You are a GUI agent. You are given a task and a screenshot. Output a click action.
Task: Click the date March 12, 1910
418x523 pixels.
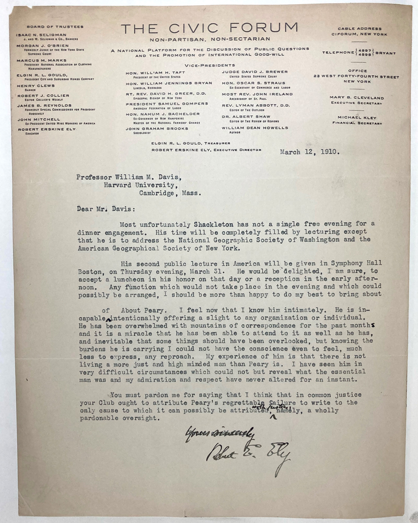click(x=309, y=153)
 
